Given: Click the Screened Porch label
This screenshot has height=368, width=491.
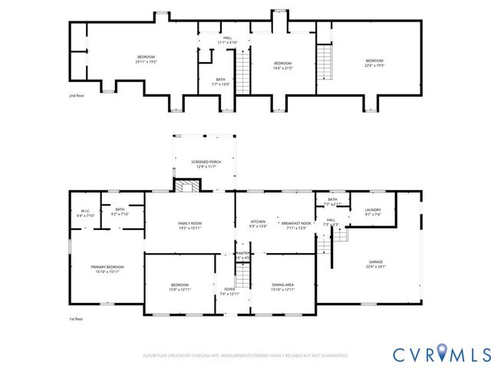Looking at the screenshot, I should (203, 164).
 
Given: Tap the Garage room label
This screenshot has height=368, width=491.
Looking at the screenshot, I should (375, 264).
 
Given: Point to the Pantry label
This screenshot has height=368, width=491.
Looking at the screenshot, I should (242, 255).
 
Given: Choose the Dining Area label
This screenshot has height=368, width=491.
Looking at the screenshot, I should (283, 287).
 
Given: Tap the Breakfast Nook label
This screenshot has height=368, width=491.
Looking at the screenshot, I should (295, 224).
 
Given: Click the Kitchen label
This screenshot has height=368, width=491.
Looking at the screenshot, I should (257, 224).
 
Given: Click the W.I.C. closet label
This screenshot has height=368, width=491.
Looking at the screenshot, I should (85, 214).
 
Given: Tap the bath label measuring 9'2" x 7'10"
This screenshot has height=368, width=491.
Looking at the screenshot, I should (120, 212).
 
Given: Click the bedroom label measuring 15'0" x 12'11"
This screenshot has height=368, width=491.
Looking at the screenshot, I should (179, 287).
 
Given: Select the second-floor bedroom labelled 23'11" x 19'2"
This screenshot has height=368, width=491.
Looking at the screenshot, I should (146, 59).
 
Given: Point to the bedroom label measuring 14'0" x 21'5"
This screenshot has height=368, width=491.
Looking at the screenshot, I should (282, 65).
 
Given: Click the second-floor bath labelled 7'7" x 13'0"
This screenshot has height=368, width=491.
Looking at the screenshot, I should (220, 82).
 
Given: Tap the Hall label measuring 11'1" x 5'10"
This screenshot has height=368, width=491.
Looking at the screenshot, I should (227, 40).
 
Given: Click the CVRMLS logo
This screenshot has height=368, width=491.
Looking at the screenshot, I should (441, 353).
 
